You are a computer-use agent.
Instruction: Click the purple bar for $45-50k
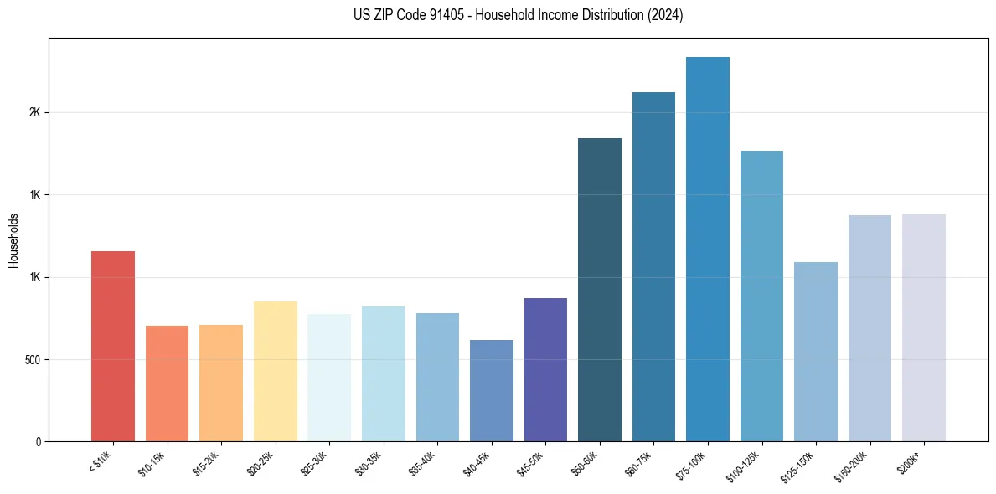(x=545, y=369)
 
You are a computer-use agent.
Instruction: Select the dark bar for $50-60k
(x=600, y=290)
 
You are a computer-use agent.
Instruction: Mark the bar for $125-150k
(x=816, y=352)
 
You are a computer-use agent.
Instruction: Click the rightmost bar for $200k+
(x=924, y=327)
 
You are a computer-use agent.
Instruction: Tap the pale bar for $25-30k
(x=329, y=378)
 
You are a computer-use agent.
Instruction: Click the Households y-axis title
(x=13, y=239)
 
